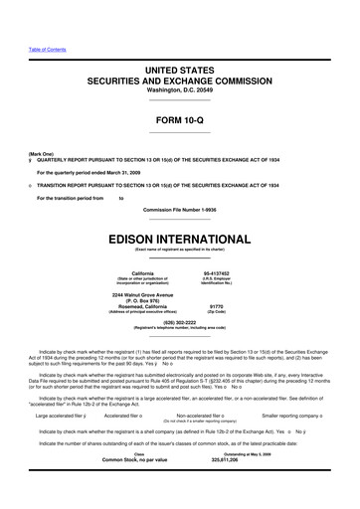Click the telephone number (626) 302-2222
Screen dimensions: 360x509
180,322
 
